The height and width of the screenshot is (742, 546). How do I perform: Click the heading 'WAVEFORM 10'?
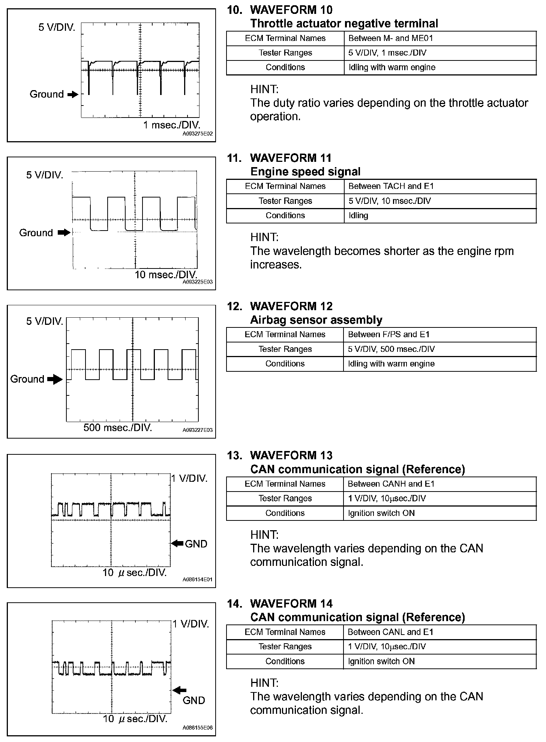(291, 10)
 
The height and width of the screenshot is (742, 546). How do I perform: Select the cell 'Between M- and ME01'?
(391, 38)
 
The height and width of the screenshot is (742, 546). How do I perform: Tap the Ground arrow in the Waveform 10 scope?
(72, 95)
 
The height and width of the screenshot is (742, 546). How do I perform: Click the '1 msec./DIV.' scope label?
(172, 125)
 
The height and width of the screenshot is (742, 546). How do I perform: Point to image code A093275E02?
(198, 134)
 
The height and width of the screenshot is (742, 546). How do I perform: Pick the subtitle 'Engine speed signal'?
(305, 172)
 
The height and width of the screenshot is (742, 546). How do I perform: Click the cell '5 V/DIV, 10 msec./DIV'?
(389, 201)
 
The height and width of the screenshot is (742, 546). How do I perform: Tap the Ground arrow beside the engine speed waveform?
(64, 233)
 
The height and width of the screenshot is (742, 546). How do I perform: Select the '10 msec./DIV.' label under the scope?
(166, 274)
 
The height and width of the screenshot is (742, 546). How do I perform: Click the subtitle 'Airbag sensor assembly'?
(316, 320)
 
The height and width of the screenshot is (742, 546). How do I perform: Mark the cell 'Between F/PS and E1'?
(388, 335)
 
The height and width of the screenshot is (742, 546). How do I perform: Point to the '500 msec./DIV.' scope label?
(117, 427)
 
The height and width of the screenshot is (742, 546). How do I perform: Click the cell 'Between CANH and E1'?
(391, 484)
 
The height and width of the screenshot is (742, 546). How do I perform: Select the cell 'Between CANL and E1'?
(390, 632)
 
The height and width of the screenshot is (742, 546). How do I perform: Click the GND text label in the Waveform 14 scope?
(193, 700)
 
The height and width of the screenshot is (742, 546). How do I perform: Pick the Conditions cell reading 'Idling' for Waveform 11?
(358, 216)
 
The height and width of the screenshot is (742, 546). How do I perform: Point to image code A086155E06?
(198, 727)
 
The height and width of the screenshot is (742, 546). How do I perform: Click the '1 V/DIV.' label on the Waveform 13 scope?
(189, 478)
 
